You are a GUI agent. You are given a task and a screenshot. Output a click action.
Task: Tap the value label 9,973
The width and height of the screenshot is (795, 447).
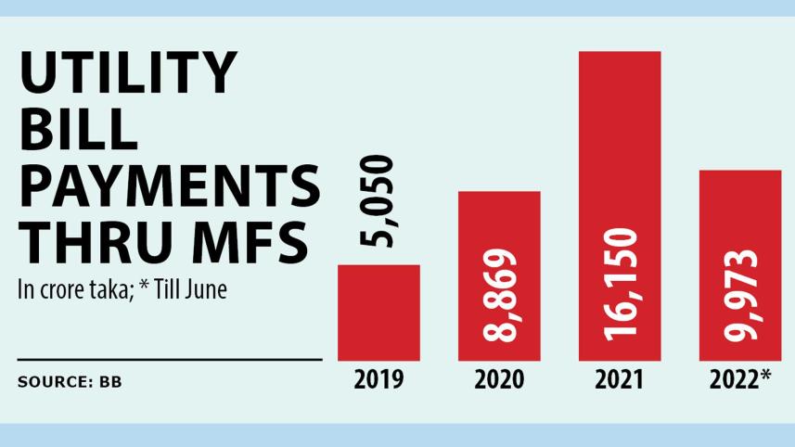(739, 298)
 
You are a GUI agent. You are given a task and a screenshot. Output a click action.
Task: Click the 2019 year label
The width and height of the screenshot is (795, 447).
(378, 380)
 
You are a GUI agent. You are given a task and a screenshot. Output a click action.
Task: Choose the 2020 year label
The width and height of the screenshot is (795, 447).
(499, 380)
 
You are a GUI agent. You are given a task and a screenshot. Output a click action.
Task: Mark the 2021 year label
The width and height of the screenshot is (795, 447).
(620, 380)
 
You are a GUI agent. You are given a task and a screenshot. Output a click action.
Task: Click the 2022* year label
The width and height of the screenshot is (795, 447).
(739, 380)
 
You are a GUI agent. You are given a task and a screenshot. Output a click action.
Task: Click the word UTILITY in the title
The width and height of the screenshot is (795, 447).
(127, 74)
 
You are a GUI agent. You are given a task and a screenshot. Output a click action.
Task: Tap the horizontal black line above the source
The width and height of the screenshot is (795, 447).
(169, 358)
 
